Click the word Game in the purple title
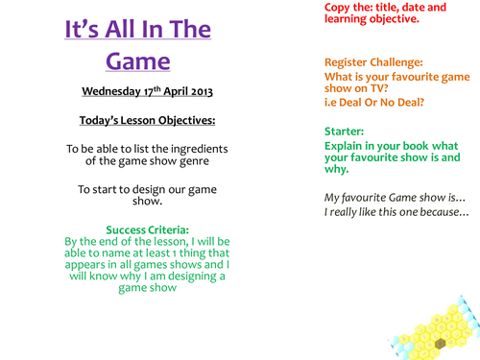(135, 62)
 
